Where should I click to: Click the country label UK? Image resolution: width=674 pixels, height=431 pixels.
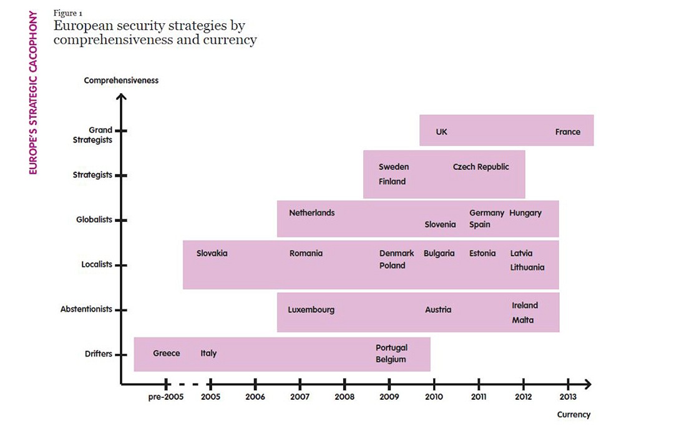click(x=441, y=132)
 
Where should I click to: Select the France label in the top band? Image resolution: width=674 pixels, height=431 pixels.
click(x=567, y=132)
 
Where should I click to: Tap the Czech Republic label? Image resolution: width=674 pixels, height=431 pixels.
click(x=481, y=167)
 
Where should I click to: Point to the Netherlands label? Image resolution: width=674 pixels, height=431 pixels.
click(x=311, y=213)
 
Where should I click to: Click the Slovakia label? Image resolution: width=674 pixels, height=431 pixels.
click(x=212, y=254)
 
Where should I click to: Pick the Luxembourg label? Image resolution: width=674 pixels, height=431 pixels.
click(x=311, y=310)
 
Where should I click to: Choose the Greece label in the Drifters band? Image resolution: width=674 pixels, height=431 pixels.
click(x=166, y=354)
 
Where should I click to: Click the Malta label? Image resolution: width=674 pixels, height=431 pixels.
click(x=522, y=320)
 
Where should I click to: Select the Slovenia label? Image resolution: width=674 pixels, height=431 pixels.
click(x=440, y=224)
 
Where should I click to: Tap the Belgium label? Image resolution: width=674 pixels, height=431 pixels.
click(x=391, y=359)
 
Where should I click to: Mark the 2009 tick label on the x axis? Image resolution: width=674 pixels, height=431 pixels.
click(x=389, y=397)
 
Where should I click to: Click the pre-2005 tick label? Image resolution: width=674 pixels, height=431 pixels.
click(x=167, y=397)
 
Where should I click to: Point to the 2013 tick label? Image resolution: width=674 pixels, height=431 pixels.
click(x=568, y=397)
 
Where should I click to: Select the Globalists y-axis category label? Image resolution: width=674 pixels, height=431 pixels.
click(x=94, y=220)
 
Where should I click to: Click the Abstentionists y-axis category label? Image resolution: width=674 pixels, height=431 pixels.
click(x=86, y=309)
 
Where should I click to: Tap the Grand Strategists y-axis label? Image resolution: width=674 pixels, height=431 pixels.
click(x=92, y=135)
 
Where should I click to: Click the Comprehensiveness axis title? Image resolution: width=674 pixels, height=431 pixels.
click(x=121, y=81)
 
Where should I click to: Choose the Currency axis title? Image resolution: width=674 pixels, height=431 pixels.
click(x=574, y=415)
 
